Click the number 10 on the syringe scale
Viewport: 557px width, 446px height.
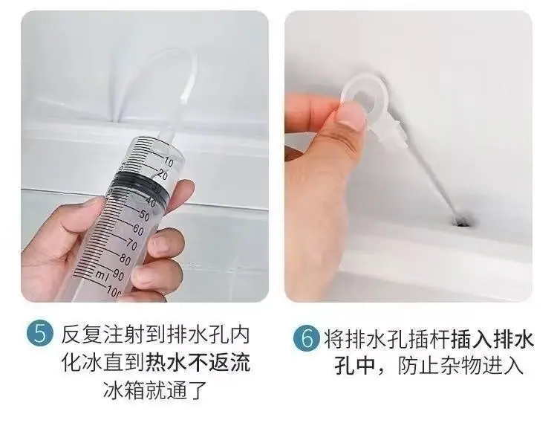(168, 162)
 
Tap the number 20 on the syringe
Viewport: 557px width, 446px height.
(162, 175)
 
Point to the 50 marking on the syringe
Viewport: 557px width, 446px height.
(144, 215)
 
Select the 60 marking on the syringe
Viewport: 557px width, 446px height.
(138, 230)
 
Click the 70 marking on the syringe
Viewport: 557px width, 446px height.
(131, 245)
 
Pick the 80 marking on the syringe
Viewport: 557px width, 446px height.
(125, 260)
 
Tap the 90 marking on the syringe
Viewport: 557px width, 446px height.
(118, 275)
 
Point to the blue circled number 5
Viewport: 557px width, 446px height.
(40, 334)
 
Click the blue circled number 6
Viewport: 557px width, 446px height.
(306, 337)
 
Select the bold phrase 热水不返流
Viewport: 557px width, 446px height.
(198, 363)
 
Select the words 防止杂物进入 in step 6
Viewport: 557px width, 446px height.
(460, 366)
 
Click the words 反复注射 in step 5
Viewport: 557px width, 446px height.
(102, 334)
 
